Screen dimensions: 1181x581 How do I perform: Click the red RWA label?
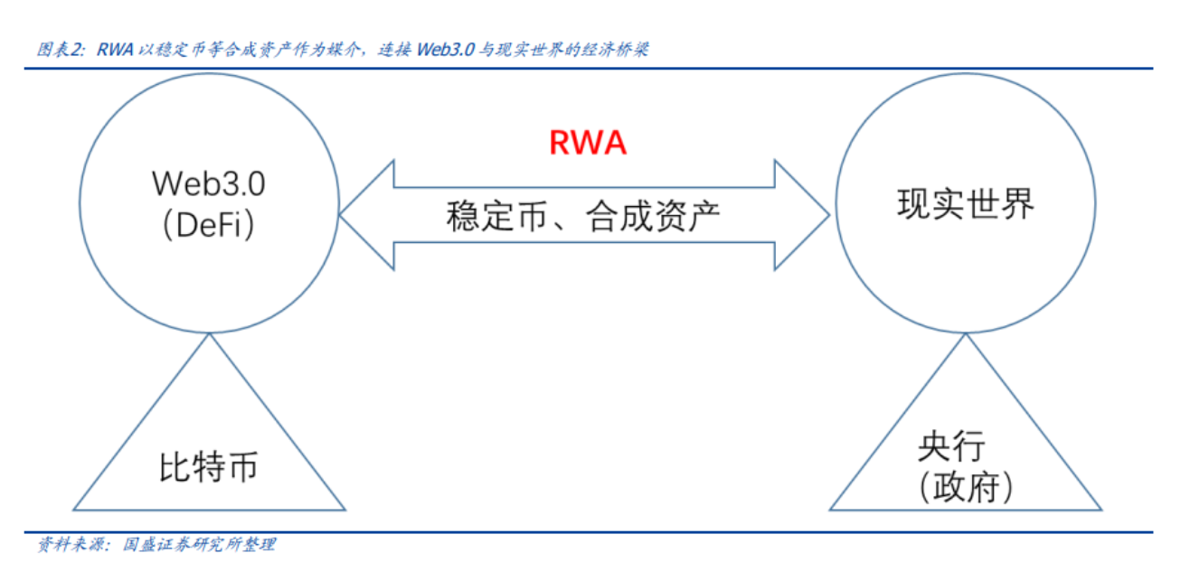(588, 142)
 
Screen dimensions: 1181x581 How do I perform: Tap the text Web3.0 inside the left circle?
(209, 183)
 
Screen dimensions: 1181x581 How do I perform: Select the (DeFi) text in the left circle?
(209, 225)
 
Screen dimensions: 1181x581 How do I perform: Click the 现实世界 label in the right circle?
(966, 204)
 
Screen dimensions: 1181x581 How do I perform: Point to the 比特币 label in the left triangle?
(209, 466)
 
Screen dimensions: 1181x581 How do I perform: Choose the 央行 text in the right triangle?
(951, 446)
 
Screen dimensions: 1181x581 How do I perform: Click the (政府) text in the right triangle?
(966, 487)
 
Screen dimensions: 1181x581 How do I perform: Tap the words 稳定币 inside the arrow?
(496, 216)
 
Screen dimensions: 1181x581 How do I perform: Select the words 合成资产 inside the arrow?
(653, 216)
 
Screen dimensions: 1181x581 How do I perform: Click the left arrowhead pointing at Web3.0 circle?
(367, 215)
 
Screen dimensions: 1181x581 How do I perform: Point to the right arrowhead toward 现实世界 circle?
(802, 215)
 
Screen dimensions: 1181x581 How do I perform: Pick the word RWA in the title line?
(115, 50)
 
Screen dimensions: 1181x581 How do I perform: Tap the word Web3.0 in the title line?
(446, 50)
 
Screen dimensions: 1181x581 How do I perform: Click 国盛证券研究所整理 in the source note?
(199, 544)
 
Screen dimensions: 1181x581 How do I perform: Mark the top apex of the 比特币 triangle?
(209, 334)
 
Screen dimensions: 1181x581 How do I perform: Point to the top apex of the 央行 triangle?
(966, 334)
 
